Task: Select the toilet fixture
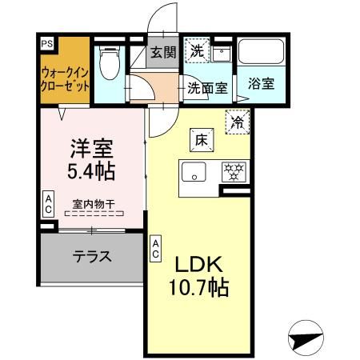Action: click(x=109, y=61)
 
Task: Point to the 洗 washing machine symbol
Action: click(x=196, y=50)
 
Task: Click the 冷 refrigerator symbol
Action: click(x=238, y=122)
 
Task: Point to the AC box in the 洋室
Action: click(x=48, y=203)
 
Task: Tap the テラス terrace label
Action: click(x=92, y=258)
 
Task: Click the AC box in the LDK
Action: click(x=156, y=246)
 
